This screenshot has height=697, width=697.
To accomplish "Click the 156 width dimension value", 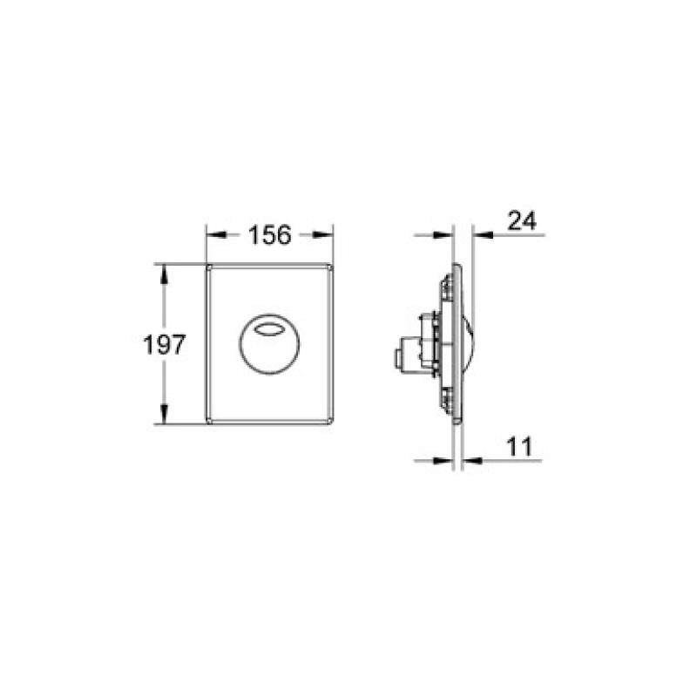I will pos(270,235).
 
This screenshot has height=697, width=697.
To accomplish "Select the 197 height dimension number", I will pos(164,345).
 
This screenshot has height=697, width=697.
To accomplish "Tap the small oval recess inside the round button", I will pos(271,328).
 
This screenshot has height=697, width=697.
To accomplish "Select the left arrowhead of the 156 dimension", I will pos(213,235).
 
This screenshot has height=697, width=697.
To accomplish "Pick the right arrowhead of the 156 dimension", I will pos(328,235).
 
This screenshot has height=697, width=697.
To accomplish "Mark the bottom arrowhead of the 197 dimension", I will pos(162,417).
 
